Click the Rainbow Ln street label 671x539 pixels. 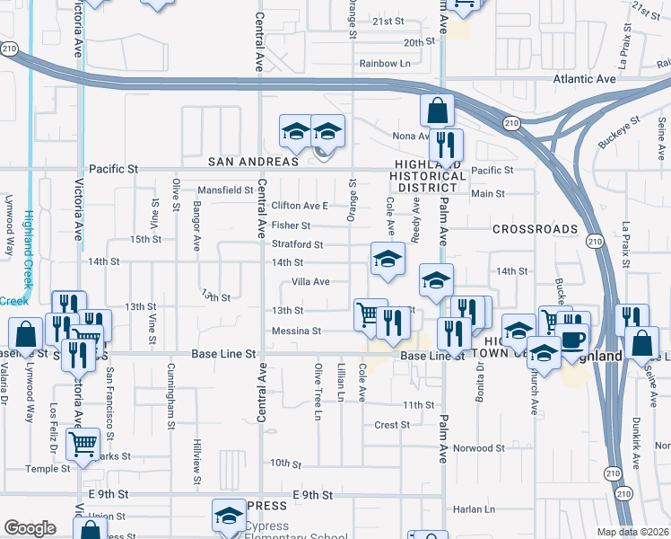(384, 63)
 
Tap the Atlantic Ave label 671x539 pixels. (585, 79)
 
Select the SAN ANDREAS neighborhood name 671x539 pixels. (252, 162)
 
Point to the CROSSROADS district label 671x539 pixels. (535, 229)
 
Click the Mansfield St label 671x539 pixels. (225, 190)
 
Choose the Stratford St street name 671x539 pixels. (297, 244)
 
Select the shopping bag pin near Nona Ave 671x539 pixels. (437, 112)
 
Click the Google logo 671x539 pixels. (30, 528)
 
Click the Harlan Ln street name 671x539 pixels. (475, 509)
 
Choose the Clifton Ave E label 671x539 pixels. (301, 206)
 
